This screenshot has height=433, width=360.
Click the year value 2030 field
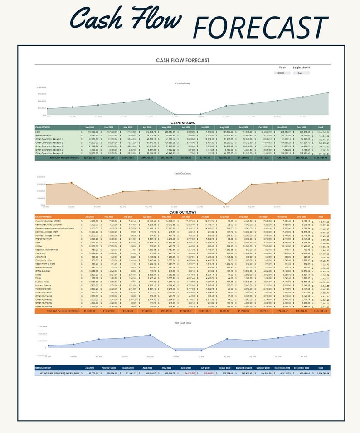(281, 73)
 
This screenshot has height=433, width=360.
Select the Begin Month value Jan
(301, 73)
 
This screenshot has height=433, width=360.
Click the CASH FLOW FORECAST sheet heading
(182, 60)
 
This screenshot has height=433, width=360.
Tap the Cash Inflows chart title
(183, 83)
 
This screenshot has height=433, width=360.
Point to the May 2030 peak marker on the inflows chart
(149, 99)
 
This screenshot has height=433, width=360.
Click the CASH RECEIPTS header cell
(45, 127)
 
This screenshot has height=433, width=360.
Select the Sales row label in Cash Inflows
(39, 132)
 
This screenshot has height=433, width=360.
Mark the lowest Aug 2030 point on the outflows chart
(226, 204)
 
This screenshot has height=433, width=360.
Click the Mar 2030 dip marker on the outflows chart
(97, 199)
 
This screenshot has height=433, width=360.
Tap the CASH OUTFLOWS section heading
(183, 212)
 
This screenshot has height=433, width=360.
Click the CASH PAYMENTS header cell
(46, 217)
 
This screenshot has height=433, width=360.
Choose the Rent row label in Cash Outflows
(38, 243)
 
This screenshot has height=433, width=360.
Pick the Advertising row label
(41, 256)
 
